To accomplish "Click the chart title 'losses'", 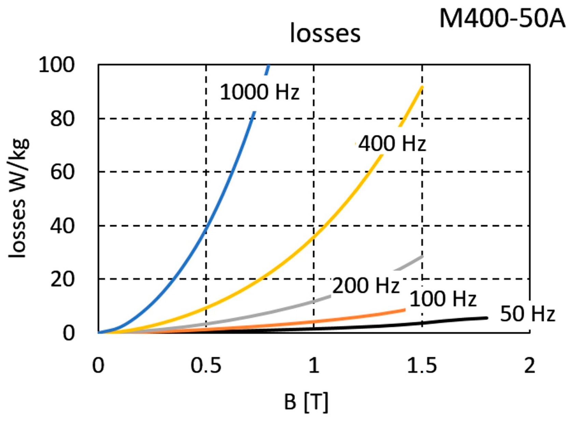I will (x=325, y=33).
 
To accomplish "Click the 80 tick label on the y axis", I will (x=62, y=119).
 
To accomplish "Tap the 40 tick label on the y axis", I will (x=62, y=225).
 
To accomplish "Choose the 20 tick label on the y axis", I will (x=62, y=279).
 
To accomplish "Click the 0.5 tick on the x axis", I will (x=206, y=365).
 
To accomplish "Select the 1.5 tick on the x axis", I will (x=422, y=365).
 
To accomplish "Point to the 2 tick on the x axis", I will (x=530, y=365).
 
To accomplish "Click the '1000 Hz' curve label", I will (x=260, y=92).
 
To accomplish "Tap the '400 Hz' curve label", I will (x=392, y=143).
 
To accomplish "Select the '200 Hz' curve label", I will (x=365, y=285).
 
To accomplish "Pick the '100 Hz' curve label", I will (x=443, y=299).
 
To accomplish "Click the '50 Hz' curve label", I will (x=528, y=314).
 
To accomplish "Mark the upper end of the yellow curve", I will (x=422, y=87).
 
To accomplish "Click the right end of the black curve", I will (x=486, y=318).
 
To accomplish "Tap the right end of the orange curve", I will (x=404, y=310).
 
